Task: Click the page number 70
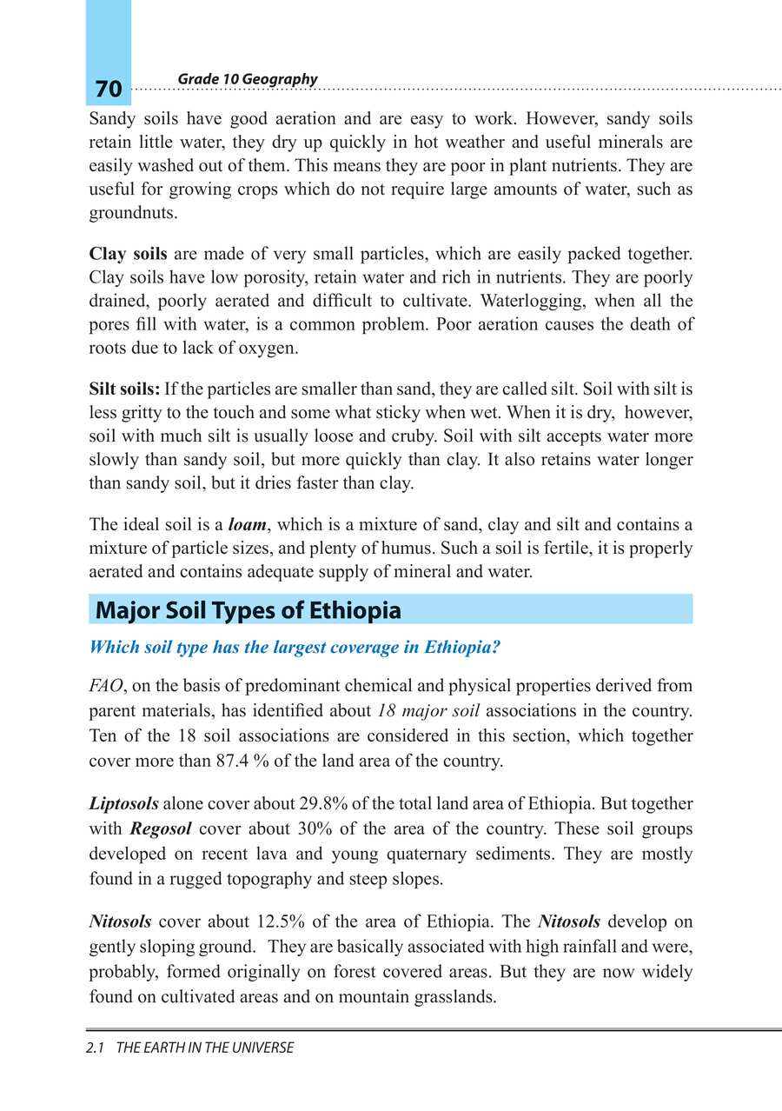[109, 89]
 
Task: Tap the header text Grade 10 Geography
[247, 79]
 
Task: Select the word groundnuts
[128, 213]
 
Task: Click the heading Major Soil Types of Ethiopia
[249, 610]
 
